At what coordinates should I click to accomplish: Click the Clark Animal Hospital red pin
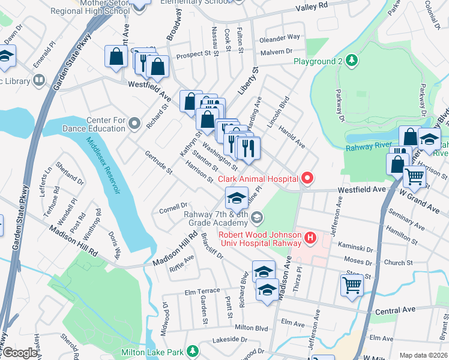point(307,178)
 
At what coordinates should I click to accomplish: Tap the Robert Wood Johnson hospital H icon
point(310,239)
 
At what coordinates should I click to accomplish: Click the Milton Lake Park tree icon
point(193,351)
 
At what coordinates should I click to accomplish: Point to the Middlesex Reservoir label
point(103,166)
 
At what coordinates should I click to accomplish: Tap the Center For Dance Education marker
point(134,124)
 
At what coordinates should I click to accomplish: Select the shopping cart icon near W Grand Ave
point(415,176)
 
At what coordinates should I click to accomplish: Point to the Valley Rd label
point(315,7)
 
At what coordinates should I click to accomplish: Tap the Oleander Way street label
point(280,37)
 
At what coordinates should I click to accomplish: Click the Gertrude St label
point(158,163)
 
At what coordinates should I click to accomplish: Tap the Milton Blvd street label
point(251,328)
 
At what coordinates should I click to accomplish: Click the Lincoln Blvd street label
point(279,112)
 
